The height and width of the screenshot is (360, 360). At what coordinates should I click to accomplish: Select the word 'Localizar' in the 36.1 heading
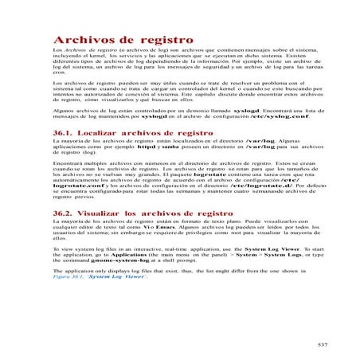coord(106,132)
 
